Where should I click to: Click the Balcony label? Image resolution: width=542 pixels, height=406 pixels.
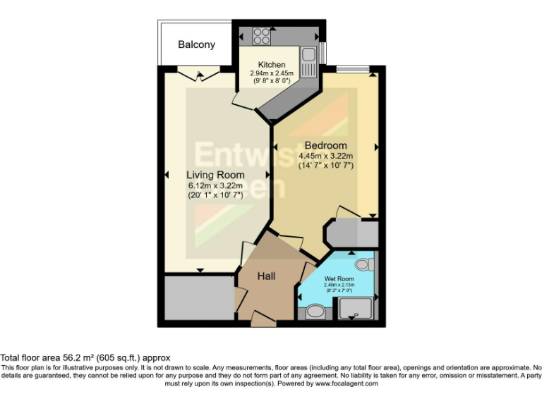coord(196,44)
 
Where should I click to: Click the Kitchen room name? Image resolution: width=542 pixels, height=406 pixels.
coord(271,65)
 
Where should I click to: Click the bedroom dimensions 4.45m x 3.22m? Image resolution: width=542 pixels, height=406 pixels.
coord(325,156)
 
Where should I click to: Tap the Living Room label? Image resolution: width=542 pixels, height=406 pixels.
coord(215,175)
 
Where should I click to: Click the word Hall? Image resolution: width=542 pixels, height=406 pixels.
coord(266,276)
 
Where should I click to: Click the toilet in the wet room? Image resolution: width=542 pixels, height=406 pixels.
coord(363,265)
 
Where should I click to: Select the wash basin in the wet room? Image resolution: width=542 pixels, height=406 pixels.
coord(315,311)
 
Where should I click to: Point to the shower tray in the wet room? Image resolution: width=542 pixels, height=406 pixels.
coord(357,307)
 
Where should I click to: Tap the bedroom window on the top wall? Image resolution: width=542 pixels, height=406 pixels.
coord(352,69)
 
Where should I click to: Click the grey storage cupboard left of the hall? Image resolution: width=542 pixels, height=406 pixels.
coord(196,298)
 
